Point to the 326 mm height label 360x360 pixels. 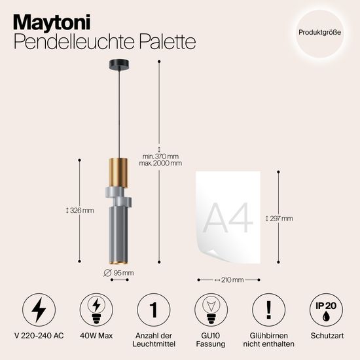point(81,211)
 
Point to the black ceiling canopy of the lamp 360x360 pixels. point(119,65)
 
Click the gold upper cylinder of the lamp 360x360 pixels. point(119,171)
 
